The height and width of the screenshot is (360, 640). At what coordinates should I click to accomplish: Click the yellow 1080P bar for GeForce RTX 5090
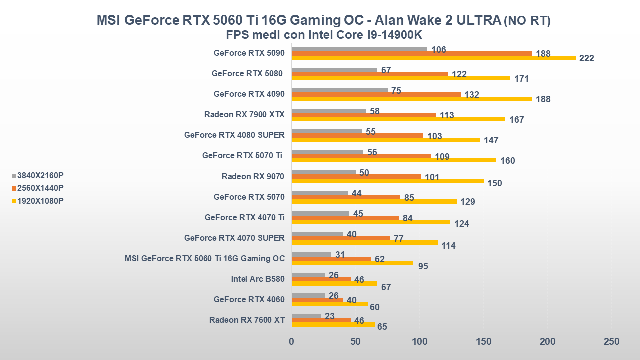[x=433, y=58]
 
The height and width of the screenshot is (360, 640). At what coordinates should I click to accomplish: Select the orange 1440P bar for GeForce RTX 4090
[x=376, y=94]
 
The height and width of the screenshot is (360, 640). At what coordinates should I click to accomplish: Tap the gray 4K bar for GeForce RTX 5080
[x=334, y=70]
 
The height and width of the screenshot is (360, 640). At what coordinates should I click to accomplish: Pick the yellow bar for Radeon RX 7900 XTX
[x=398, y=119]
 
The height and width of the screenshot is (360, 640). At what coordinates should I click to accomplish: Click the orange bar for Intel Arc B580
[x=321, y=279]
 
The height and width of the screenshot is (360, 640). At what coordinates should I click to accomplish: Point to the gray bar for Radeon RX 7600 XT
[x=306, y=316]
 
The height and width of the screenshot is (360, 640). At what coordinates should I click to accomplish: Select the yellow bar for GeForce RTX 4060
[x=330, y=304]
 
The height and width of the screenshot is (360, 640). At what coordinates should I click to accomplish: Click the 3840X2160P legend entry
[x=40, y=175]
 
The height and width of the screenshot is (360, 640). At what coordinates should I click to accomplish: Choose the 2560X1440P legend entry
[x=40, y=188]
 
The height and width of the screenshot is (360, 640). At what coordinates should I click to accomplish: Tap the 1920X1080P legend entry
[x=40, y=201]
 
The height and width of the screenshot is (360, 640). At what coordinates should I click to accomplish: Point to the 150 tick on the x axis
[x=483, y=342]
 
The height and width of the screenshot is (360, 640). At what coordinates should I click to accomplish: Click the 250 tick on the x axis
[x=611, y=342]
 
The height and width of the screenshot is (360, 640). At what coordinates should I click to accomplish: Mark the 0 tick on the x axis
[x=292, y=342]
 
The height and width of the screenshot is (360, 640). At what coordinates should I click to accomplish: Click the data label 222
[x=586, y=58]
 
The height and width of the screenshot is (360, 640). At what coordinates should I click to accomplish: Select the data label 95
[x=423, y=266]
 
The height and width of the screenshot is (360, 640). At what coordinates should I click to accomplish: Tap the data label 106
[x=438, y=50]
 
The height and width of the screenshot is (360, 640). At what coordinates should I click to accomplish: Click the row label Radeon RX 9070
[x=253, y=176]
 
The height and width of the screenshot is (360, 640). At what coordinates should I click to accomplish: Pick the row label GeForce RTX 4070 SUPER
[x=234, y=238]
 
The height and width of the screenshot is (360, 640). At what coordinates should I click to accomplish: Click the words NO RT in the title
[x=527, y=21]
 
